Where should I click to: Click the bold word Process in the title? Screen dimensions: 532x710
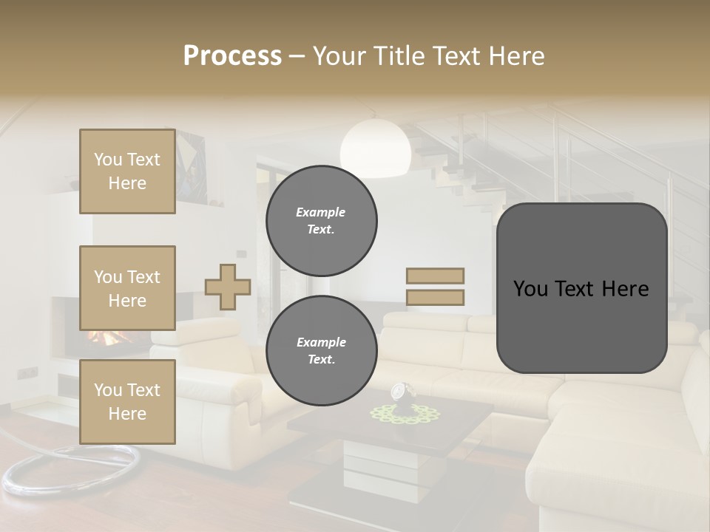[x=232, y=55]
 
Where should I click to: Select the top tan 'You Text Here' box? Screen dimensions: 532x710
[x=127, y=171]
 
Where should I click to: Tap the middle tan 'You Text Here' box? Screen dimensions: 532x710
[x=127, y=288]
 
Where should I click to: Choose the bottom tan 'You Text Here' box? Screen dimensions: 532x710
[x=127, y=401]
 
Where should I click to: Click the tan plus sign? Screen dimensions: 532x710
[x=227, y=287]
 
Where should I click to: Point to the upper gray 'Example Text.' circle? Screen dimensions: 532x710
[x=321, y=221]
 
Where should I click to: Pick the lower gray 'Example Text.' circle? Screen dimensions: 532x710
[x=321, y=351]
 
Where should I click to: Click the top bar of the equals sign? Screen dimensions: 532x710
[x=435, y=276]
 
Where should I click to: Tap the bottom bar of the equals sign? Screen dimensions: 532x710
[x=435, y=297]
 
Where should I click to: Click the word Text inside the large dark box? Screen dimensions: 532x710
[x=581, y=288]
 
